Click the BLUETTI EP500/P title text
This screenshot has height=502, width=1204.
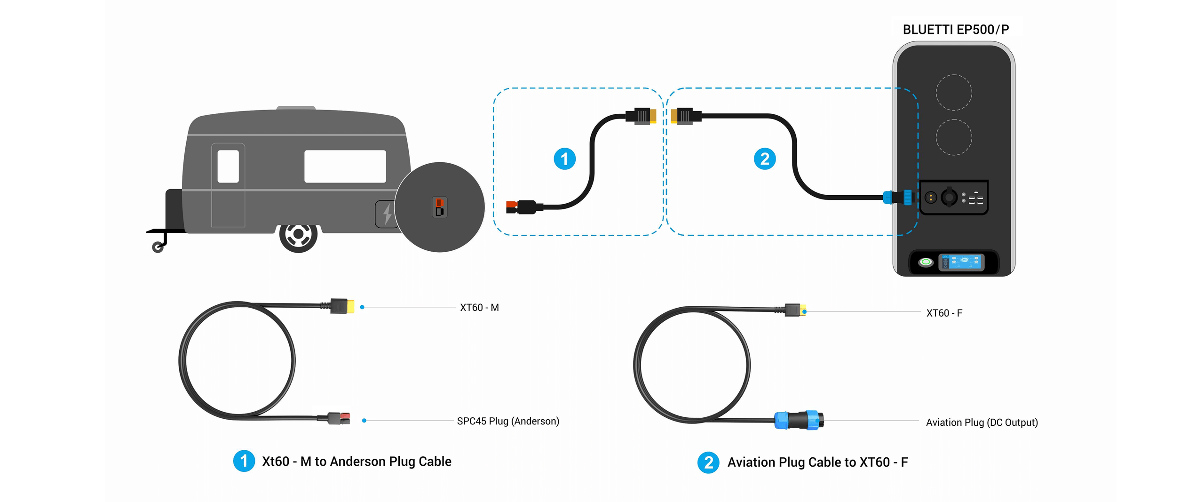click(955, 30)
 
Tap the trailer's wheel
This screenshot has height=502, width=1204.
click(298, 234)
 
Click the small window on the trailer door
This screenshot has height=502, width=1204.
click(228, 166)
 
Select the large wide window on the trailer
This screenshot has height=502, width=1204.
click(345, 166)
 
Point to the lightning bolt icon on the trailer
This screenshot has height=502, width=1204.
click(387, 214)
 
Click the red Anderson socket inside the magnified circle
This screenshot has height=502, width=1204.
click(439, 203)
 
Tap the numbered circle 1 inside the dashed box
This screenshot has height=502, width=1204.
click(564, 159)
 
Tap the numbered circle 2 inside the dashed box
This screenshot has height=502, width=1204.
click(764, 159)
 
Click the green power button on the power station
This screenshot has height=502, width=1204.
click(926, 262)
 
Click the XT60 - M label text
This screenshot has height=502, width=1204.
click(479, 308)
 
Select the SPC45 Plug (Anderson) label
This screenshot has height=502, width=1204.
click(508, 421)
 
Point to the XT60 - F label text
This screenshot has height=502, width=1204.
click(944, 313)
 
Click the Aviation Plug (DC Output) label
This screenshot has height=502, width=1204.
click(982, 422)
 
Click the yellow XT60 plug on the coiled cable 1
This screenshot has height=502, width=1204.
click(349, 306)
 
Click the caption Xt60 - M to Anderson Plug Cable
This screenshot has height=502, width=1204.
click(356, 462)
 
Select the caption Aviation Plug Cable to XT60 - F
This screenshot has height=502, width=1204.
click(817, 462)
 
